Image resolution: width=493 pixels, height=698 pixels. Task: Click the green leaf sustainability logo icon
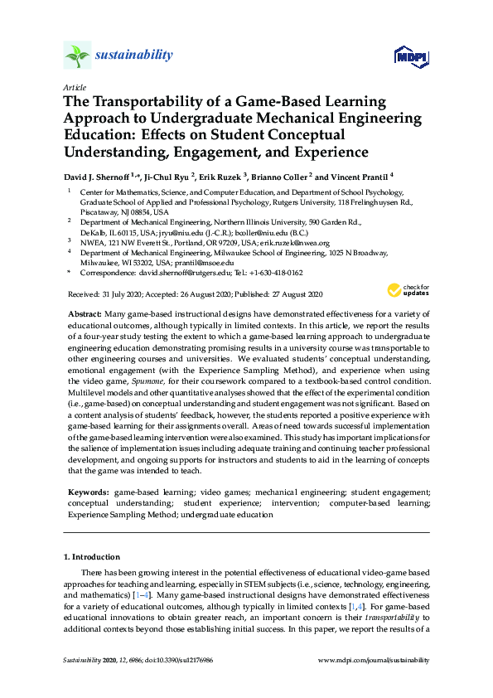pos(76,56)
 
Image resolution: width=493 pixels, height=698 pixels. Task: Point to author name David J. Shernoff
pos(100,176)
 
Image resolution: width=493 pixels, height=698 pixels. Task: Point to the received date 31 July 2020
pos(109,294)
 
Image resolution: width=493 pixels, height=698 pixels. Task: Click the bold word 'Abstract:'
pos(85,314)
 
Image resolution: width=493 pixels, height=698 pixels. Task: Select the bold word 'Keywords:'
pos(86,492)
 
